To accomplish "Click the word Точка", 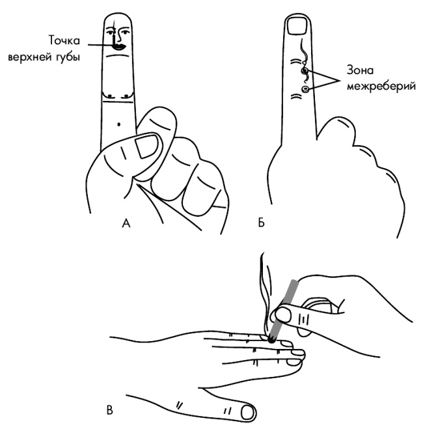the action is (x=64, y=40).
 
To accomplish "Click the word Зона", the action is (x=360, y=70).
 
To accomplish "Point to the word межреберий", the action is (x=381, y=86).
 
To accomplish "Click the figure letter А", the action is (x=126, y=223).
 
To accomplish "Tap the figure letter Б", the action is (x=261, y=223).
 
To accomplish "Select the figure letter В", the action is (x=109, y=410).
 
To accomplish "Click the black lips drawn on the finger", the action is (x=119, y=47).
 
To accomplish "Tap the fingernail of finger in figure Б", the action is (x=297, y=26).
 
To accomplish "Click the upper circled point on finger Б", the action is (x=305, y=71).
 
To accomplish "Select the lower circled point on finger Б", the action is (x=305, y=89).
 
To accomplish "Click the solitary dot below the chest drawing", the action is (x=118, y=124).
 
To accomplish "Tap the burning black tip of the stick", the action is (x=271, y=340).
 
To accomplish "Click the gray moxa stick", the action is (x=284, y=311).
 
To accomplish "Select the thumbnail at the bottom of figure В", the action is (x=247, y=413).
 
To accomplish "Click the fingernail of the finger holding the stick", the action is (x=282, y=314).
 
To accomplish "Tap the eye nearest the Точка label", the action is (x=111, y=33).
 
